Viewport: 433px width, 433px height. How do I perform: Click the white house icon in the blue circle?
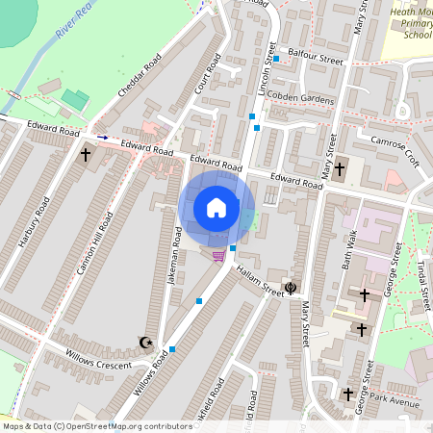pos(216,207)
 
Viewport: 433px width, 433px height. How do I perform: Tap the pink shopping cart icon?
pos(219,255)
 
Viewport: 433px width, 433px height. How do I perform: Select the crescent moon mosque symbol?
pos(146,342)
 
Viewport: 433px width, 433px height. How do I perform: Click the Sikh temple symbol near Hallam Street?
pos(291,286)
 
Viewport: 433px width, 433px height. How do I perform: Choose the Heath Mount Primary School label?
pos(411,23)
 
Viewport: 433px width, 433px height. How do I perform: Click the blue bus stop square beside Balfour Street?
pos(276,59)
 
